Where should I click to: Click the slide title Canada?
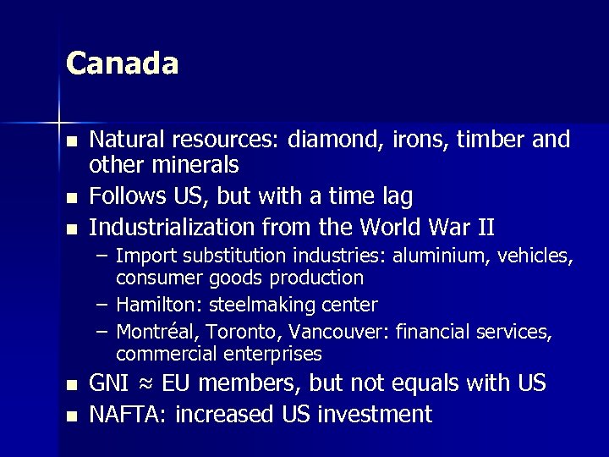pyautogui.click(x=122, y=64)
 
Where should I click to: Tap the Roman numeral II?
pyautogui.click(x=486, y=227)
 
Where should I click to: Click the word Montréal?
pyautogui.click(x=153, y=333)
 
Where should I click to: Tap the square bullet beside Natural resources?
pyautogui.click(x=74, y=141)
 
